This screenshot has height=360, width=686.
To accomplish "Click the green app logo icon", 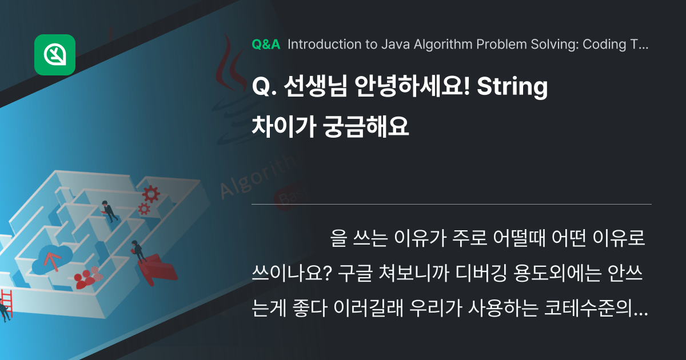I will (55, 55).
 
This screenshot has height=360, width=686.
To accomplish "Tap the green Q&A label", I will (266, 45).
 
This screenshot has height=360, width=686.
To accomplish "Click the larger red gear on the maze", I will (151, 194).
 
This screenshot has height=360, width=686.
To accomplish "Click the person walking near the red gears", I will (109, 210).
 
